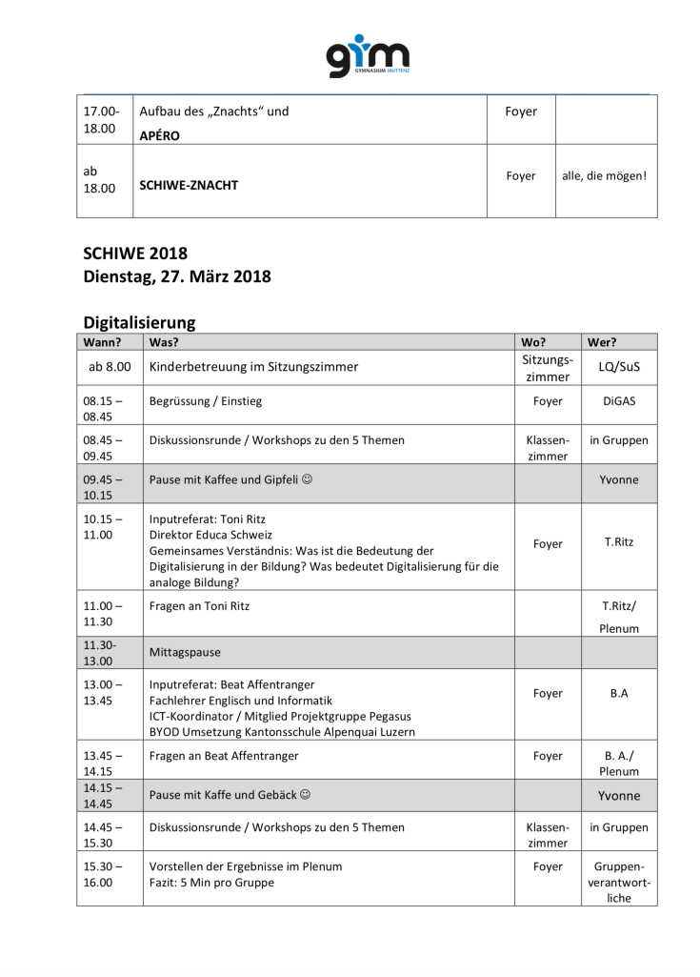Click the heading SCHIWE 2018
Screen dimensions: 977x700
pyautogui.click(x=135, y=254)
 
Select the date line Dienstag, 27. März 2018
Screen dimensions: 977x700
pyautogui.click(x=177, y=277)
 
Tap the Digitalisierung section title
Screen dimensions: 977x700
pyautogui.click(x=139, y=323)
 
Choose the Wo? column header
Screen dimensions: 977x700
pyautogui.click(x=533, y=341)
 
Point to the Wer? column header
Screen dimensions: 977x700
pyautogui.click(x=602, y=341)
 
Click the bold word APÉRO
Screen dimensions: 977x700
pyautogui.click(x=159, y=135)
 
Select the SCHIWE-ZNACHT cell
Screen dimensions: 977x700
pyautogui.click(x=189, y=185)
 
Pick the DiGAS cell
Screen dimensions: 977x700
pyautogui.click(x=618, y=401)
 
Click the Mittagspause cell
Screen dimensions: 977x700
pyautogui.click(x=185, y=653)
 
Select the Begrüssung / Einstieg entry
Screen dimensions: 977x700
pyautogui.click(x=205, y=401)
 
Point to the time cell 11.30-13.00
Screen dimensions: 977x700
pyautogui.click(x=98, y=653)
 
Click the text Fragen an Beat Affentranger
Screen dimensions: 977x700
pyautogui.click(x=224, y=756)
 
